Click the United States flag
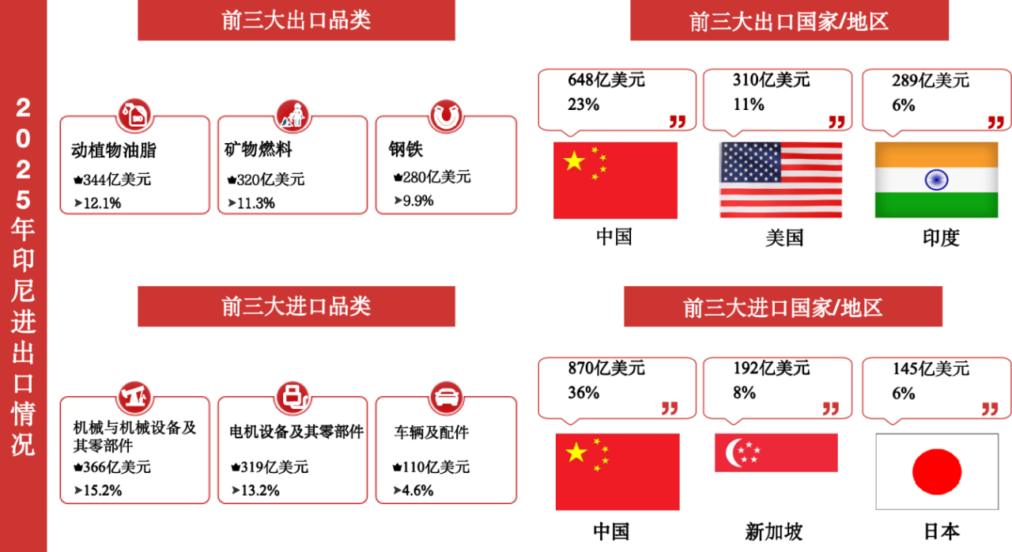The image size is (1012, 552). click(780, 180)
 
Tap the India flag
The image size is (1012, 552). click(937, 180)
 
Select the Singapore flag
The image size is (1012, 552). click(776, 452)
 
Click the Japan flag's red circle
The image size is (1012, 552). click(937, 471)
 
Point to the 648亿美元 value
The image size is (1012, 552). click(606, 80)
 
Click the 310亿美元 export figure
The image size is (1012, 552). click(771, 80)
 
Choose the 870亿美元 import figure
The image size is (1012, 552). click(606, 369)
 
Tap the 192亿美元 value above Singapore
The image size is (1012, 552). click(771, 369)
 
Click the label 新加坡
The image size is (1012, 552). click(774, 531)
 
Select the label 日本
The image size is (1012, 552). click(942, 531)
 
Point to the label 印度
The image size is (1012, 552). click(941, 237)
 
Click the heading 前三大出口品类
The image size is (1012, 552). click(296, 21)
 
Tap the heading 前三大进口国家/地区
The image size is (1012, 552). click(783, 308)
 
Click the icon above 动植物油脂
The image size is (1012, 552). click(134, 115)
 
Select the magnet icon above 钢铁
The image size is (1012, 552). click(446, 115)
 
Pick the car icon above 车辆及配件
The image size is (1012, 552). click(447, 398)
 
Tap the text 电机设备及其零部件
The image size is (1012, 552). click(296, 432)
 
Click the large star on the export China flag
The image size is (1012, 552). click(574, 161)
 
